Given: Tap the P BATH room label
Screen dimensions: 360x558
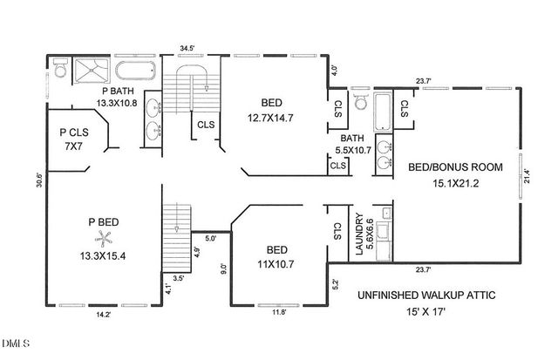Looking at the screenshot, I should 118,91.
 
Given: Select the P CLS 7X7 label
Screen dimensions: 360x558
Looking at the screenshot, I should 73,139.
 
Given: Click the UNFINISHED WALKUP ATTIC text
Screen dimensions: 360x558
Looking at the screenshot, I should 426,296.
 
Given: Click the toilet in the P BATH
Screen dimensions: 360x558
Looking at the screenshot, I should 59,67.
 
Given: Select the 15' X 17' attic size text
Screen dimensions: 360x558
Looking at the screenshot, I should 426,312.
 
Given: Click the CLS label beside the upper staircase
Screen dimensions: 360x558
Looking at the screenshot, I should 206,125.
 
